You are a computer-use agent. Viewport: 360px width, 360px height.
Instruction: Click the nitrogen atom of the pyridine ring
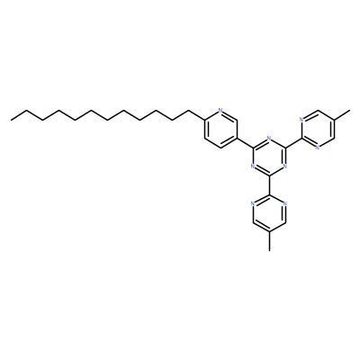[220, 111]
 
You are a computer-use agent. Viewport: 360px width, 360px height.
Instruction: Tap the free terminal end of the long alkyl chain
[11, 120]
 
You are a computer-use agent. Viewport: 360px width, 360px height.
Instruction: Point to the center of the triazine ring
[269, 157]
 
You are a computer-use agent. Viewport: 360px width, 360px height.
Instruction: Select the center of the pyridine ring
[220, 129]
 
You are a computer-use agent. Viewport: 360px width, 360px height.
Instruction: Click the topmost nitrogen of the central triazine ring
[269, 139]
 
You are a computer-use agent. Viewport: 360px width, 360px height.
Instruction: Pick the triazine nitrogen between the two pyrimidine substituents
[285, 166]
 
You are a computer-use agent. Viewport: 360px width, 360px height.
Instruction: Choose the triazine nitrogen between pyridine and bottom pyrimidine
[253, 166]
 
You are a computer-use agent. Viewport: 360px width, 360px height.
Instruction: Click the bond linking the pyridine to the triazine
[245, 143]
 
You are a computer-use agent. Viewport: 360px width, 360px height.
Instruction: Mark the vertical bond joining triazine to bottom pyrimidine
[269, 185]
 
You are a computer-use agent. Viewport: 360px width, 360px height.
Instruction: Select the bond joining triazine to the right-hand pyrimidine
[293, 143]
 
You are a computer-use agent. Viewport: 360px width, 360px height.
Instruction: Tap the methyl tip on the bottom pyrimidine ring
[269, 250]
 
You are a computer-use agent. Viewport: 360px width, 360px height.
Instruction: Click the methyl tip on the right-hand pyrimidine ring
[349, 111]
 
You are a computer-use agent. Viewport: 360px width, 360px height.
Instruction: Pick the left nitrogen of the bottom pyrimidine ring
[253, 203]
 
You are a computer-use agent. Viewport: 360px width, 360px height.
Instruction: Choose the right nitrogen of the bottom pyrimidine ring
[285, 203]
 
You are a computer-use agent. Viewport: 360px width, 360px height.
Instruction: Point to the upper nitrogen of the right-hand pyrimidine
[301, 120]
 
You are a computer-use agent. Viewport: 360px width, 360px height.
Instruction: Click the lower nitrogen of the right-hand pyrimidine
[318, 148]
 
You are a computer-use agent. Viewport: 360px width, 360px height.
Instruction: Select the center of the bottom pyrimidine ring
[269, 213]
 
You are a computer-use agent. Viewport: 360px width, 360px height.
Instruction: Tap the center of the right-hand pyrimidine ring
[318, 129]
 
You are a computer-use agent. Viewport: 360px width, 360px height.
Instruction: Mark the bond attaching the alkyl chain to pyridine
[196, 115]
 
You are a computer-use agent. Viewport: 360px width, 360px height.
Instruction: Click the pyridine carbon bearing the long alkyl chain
[204, 120]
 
